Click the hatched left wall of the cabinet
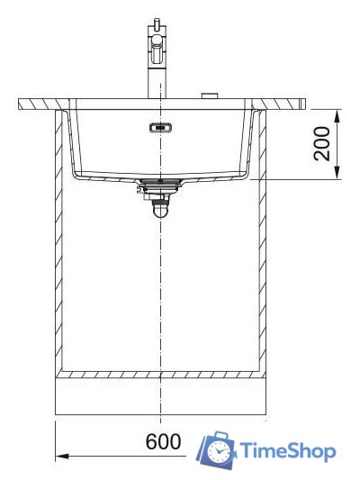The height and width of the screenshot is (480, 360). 59,243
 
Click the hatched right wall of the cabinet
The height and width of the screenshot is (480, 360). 263,243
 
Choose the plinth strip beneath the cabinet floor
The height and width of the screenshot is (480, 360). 160,396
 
